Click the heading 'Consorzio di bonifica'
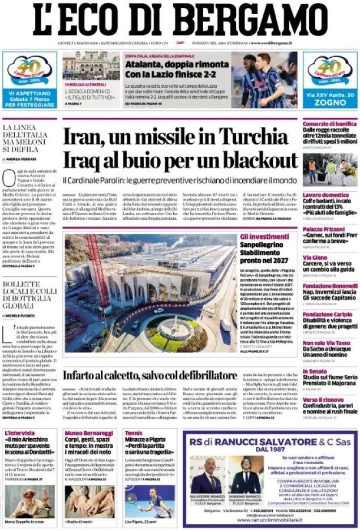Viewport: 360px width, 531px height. point(329,124)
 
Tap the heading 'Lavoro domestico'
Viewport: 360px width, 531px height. point(325,195)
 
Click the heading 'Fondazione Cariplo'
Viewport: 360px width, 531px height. point(327,314)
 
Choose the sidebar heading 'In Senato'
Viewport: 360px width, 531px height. point(315,371)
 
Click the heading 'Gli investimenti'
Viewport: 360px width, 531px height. point(264,237)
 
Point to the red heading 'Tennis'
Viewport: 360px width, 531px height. point(134,433)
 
